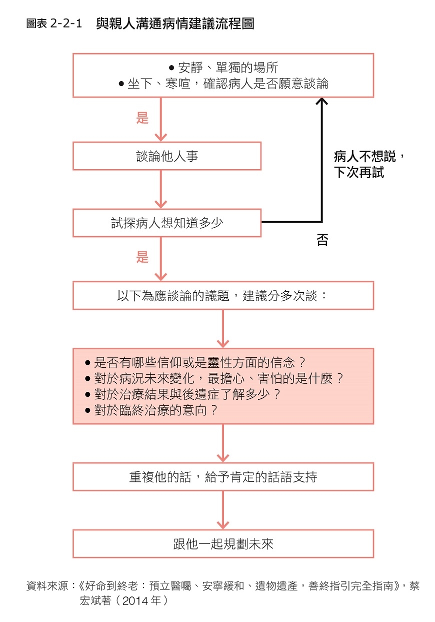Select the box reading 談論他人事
167,156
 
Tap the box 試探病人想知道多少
167,223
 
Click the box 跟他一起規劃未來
223,544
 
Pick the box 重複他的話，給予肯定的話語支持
223,477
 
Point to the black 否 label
322,240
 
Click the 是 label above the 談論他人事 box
142,118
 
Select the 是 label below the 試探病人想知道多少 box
142,257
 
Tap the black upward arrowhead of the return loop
321,102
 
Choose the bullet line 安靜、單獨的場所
223,68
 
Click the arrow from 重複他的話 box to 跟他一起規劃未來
223,510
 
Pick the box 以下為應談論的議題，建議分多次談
223,296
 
